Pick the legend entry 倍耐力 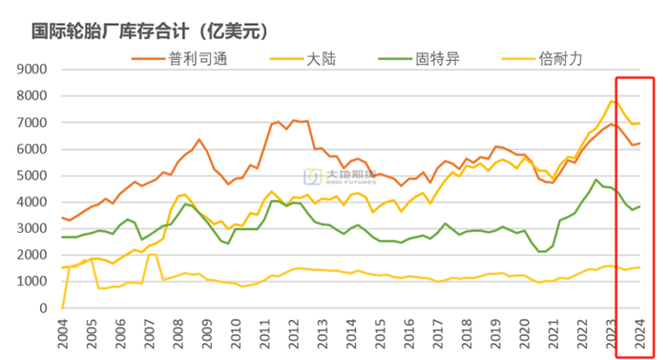[559, 58]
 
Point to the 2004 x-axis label [62, 334]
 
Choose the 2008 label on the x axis [180, 334]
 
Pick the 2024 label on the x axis [639, 334]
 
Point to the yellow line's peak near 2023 [611, 101]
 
